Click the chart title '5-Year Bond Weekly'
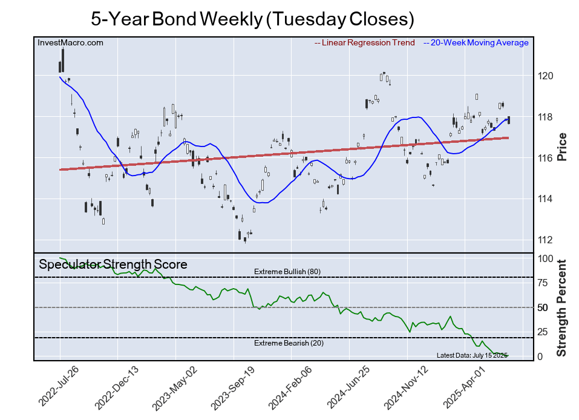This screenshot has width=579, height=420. click(x=252, y=19)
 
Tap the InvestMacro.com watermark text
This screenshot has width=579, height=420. click(x=70, y=42)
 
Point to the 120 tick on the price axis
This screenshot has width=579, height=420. click(x=546, y=76)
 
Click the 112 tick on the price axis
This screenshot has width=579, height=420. click(x=546, y=240)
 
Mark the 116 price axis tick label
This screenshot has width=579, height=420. click(x=546, y=158)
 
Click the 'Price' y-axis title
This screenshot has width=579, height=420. click(x=561, y=146)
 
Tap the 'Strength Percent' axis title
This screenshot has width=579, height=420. click(x=561, y=307)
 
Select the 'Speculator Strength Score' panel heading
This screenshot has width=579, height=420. click(x=113, y=264)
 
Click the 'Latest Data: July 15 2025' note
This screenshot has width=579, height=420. click(x=472, y=355)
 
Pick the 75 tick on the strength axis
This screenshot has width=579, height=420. click(x=543, y=283)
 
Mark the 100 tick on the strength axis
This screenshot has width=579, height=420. click(x=545, y=258)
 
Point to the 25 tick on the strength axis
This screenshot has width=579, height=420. click(x=543, y=332)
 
